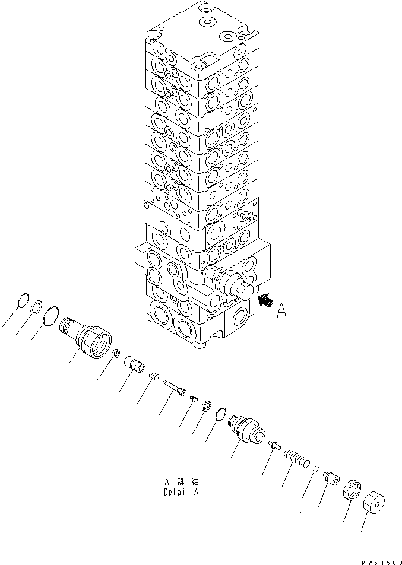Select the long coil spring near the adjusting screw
click(296, 458)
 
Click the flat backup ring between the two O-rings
click(37, 307)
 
